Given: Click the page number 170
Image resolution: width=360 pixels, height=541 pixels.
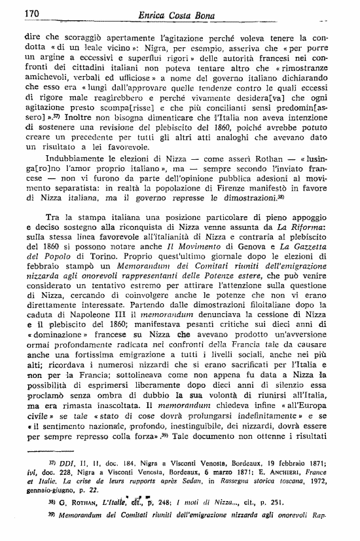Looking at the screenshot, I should tap(32, 12).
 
